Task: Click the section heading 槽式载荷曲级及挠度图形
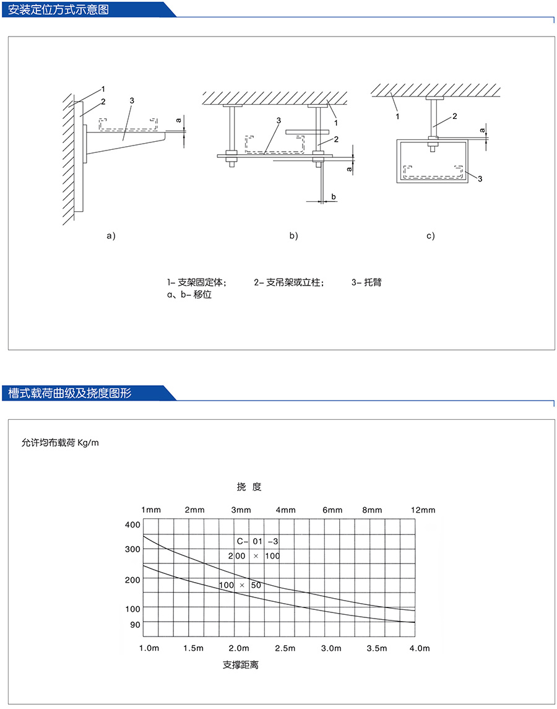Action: pos(69,393)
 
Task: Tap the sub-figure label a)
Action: pos(111,235)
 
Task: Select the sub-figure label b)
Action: pos(293,235)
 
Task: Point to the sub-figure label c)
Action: pos(430,235)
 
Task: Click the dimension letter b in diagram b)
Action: pos(334,196)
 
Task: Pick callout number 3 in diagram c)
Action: pos(479,178)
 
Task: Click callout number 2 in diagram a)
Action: pos(103,101)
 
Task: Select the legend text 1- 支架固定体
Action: pos(196,282)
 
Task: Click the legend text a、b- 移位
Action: pos(186,295)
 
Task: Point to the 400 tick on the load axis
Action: pos(133,525)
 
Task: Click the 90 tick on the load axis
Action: pos(136,625)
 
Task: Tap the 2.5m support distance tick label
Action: pos(285,648)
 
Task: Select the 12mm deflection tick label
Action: pos(423,510)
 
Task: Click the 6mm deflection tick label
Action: pos(332,510)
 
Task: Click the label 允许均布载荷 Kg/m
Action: pos(60,443)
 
